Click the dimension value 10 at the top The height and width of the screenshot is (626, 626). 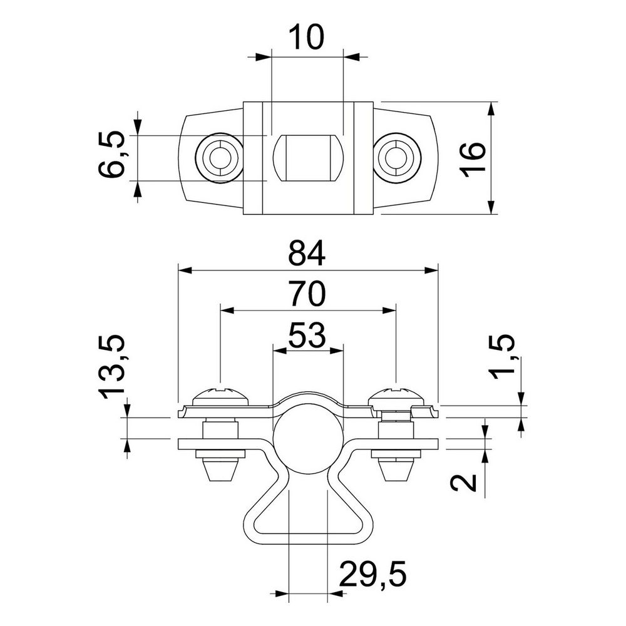pyautogui.click(x=306, y=37)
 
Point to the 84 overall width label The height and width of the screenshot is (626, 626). pyautogui.click(x=307, y=253)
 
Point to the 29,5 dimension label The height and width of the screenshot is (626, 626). pyautogui.click(x=373, y=573)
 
